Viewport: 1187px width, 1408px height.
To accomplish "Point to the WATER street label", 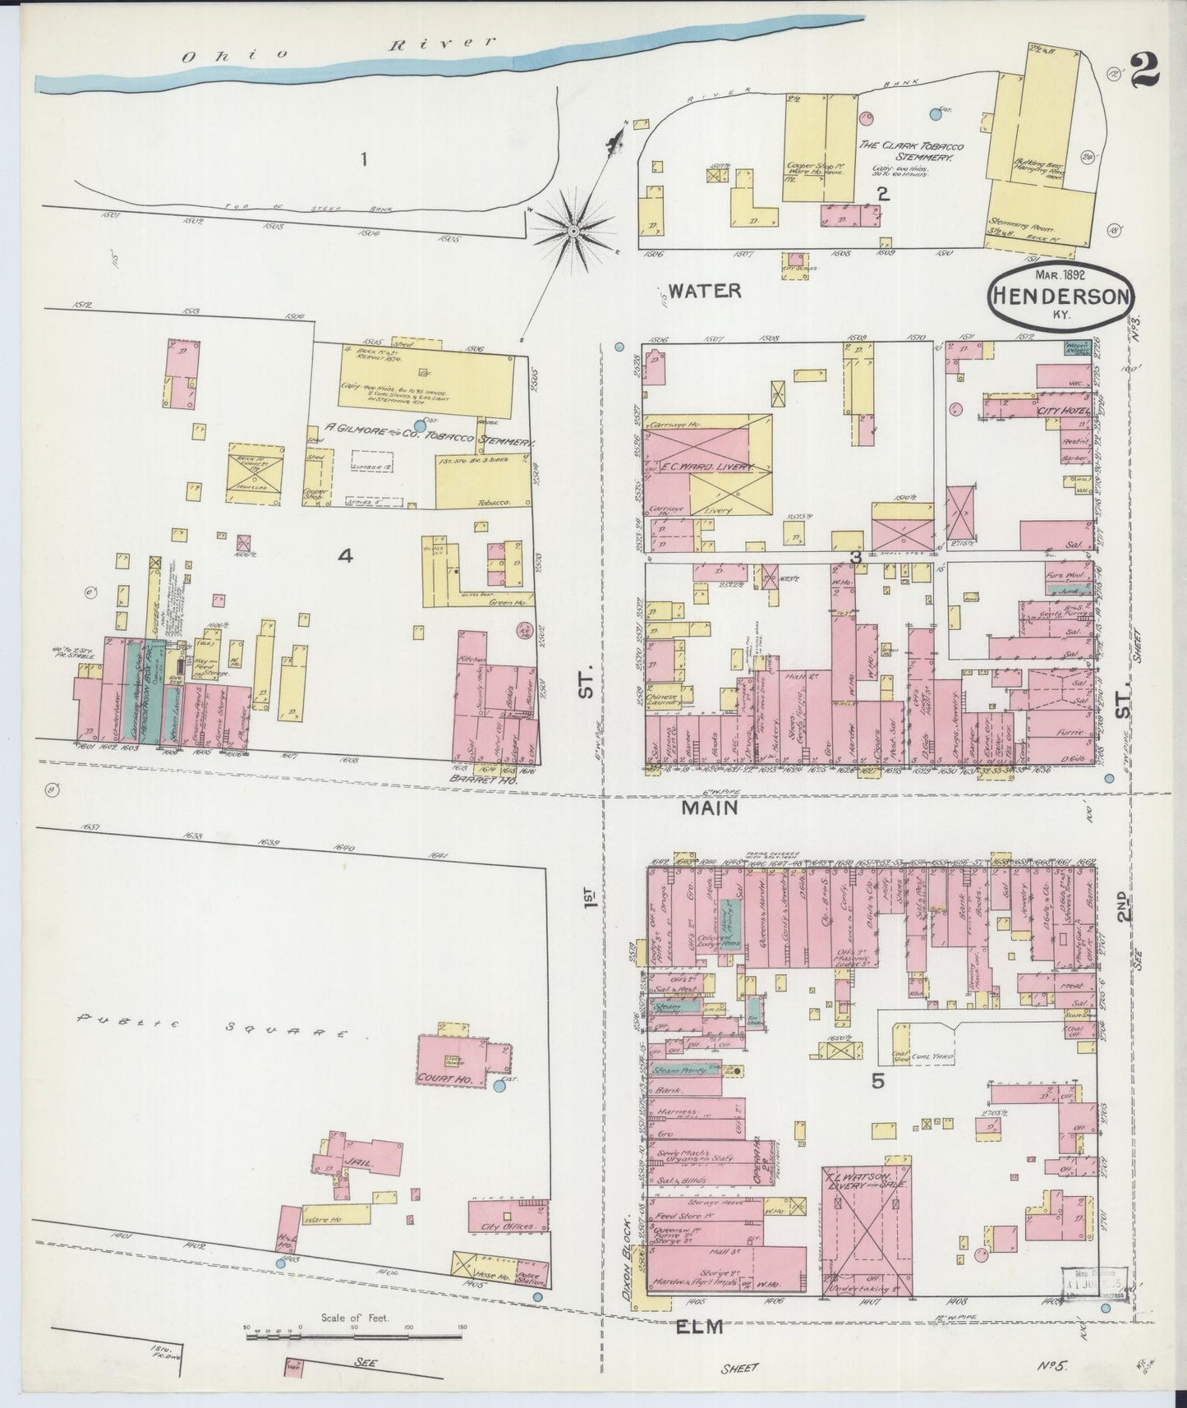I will coord(704,290).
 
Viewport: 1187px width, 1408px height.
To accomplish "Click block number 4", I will coord(346,556).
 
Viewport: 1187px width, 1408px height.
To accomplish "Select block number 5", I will coord(877,1082).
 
